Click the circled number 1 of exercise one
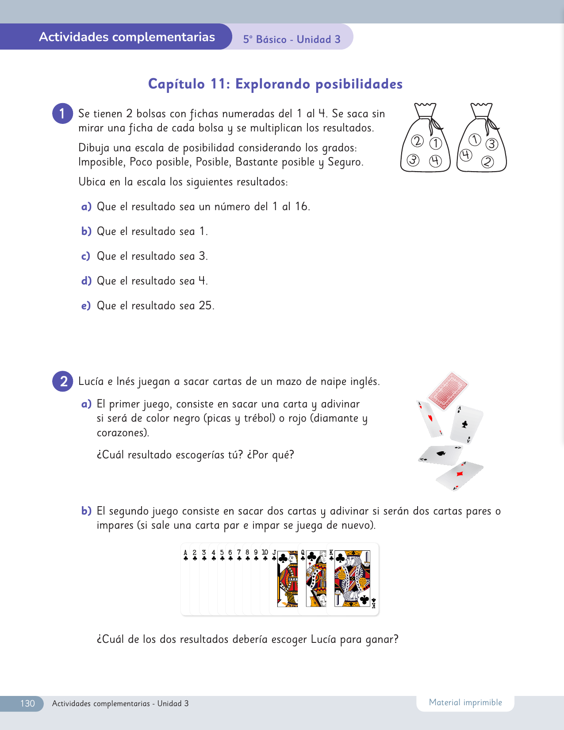pyautogui.click(x=62, y=114)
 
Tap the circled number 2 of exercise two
pyautogui.click(x=62, y=381)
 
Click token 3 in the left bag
pyautogui.click(x=413, y=160)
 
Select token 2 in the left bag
pyautogui.click(x=417, y=141)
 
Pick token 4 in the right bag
pyautogui.click(x=466, y=155)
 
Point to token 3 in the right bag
pyautogui.click(x=492, y=144)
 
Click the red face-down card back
pyautogui.click(x=448, y=391)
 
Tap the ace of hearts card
pyautogui.click(x=430, y=419)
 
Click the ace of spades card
pyautogui.click(x=441, y=455)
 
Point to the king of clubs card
pyautogui.click(x=353, y=579)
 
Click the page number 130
pyautogui.click(x=27, y=703)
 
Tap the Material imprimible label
pyautogui.click(x=466, y=703)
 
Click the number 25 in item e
pyautogui.click(x=205, y=305)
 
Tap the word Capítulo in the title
pyautogui.click(x=176, y=84)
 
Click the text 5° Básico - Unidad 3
pyautogui.click(x=292, y=39)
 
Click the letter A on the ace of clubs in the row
pyautogui.click(x=185, y=552)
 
